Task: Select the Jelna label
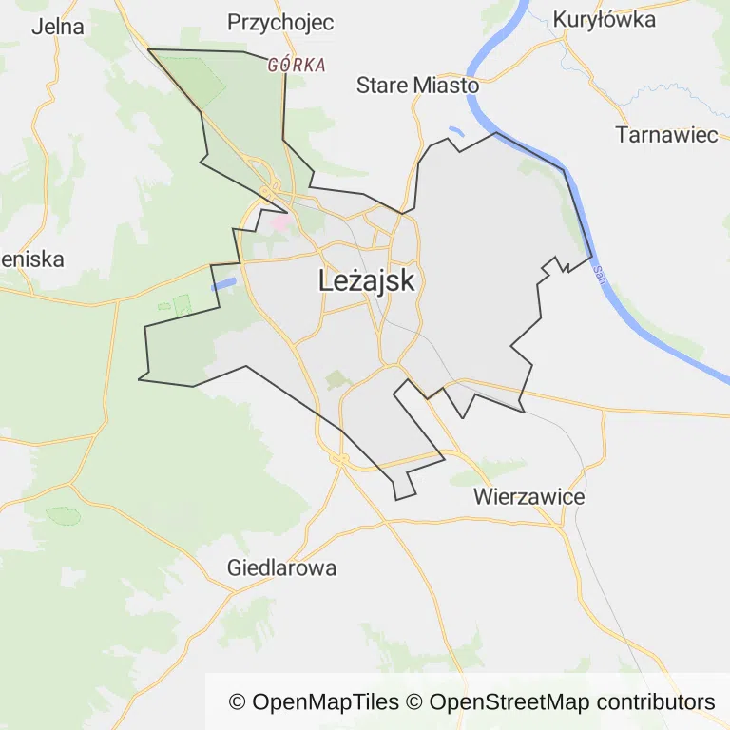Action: click(x=57, y=27)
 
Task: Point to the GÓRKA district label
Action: click(x=297, y=66)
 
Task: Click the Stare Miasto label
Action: click(x=417, y=86)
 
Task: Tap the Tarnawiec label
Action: click(x=666, y=135)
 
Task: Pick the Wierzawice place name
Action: click(x=528, y=497)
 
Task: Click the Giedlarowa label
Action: click(x=281, y=569)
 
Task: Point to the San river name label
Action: click(x=599, y=275)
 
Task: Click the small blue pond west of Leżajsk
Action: click(x=223, y=282)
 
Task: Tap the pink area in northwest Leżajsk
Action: click(x=280, y=222)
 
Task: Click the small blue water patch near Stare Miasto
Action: click(x=456, y=131)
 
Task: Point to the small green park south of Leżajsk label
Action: click(x=336, y=380)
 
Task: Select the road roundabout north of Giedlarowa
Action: click(x=340, y=460)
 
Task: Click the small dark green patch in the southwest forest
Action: click(x=64, y=515)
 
